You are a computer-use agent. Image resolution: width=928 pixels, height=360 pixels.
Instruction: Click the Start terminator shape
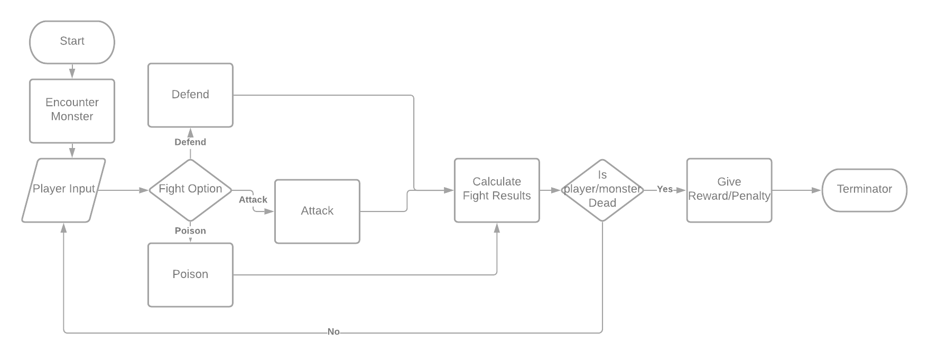point(72,42)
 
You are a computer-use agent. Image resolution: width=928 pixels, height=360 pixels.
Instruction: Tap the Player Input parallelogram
point(64,189)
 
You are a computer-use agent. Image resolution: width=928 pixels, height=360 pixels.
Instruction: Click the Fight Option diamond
point(190,189)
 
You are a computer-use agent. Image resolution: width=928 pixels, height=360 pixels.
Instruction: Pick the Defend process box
point(190,95)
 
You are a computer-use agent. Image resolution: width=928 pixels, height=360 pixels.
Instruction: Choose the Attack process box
point(317,211)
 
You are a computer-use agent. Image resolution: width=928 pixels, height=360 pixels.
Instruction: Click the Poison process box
point(190,274)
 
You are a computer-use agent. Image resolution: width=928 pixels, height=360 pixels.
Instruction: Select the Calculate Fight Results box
point(497,189)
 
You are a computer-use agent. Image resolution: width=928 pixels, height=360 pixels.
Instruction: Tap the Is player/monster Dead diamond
point(602,189)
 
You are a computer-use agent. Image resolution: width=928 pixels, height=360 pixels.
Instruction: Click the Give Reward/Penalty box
point(729,189)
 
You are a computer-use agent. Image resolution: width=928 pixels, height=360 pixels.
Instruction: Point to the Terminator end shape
point(865,189)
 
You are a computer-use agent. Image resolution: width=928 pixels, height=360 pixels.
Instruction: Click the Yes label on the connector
point(665,189)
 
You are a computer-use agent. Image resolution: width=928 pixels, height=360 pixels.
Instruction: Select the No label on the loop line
point(333,331)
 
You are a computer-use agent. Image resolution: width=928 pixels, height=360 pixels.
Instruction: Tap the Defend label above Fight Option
point(190,142)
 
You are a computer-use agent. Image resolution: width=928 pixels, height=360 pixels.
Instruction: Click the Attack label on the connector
point(253,199)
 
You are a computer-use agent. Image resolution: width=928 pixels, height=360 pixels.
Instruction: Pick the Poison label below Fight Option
point(190,230)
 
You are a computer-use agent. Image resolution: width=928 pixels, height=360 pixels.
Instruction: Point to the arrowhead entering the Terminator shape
point(817,190)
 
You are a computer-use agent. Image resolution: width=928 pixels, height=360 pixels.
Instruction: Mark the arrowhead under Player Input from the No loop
point(64,227)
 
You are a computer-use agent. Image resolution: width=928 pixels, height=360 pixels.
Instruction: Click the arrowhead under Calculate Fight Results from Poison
point(497,227)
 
